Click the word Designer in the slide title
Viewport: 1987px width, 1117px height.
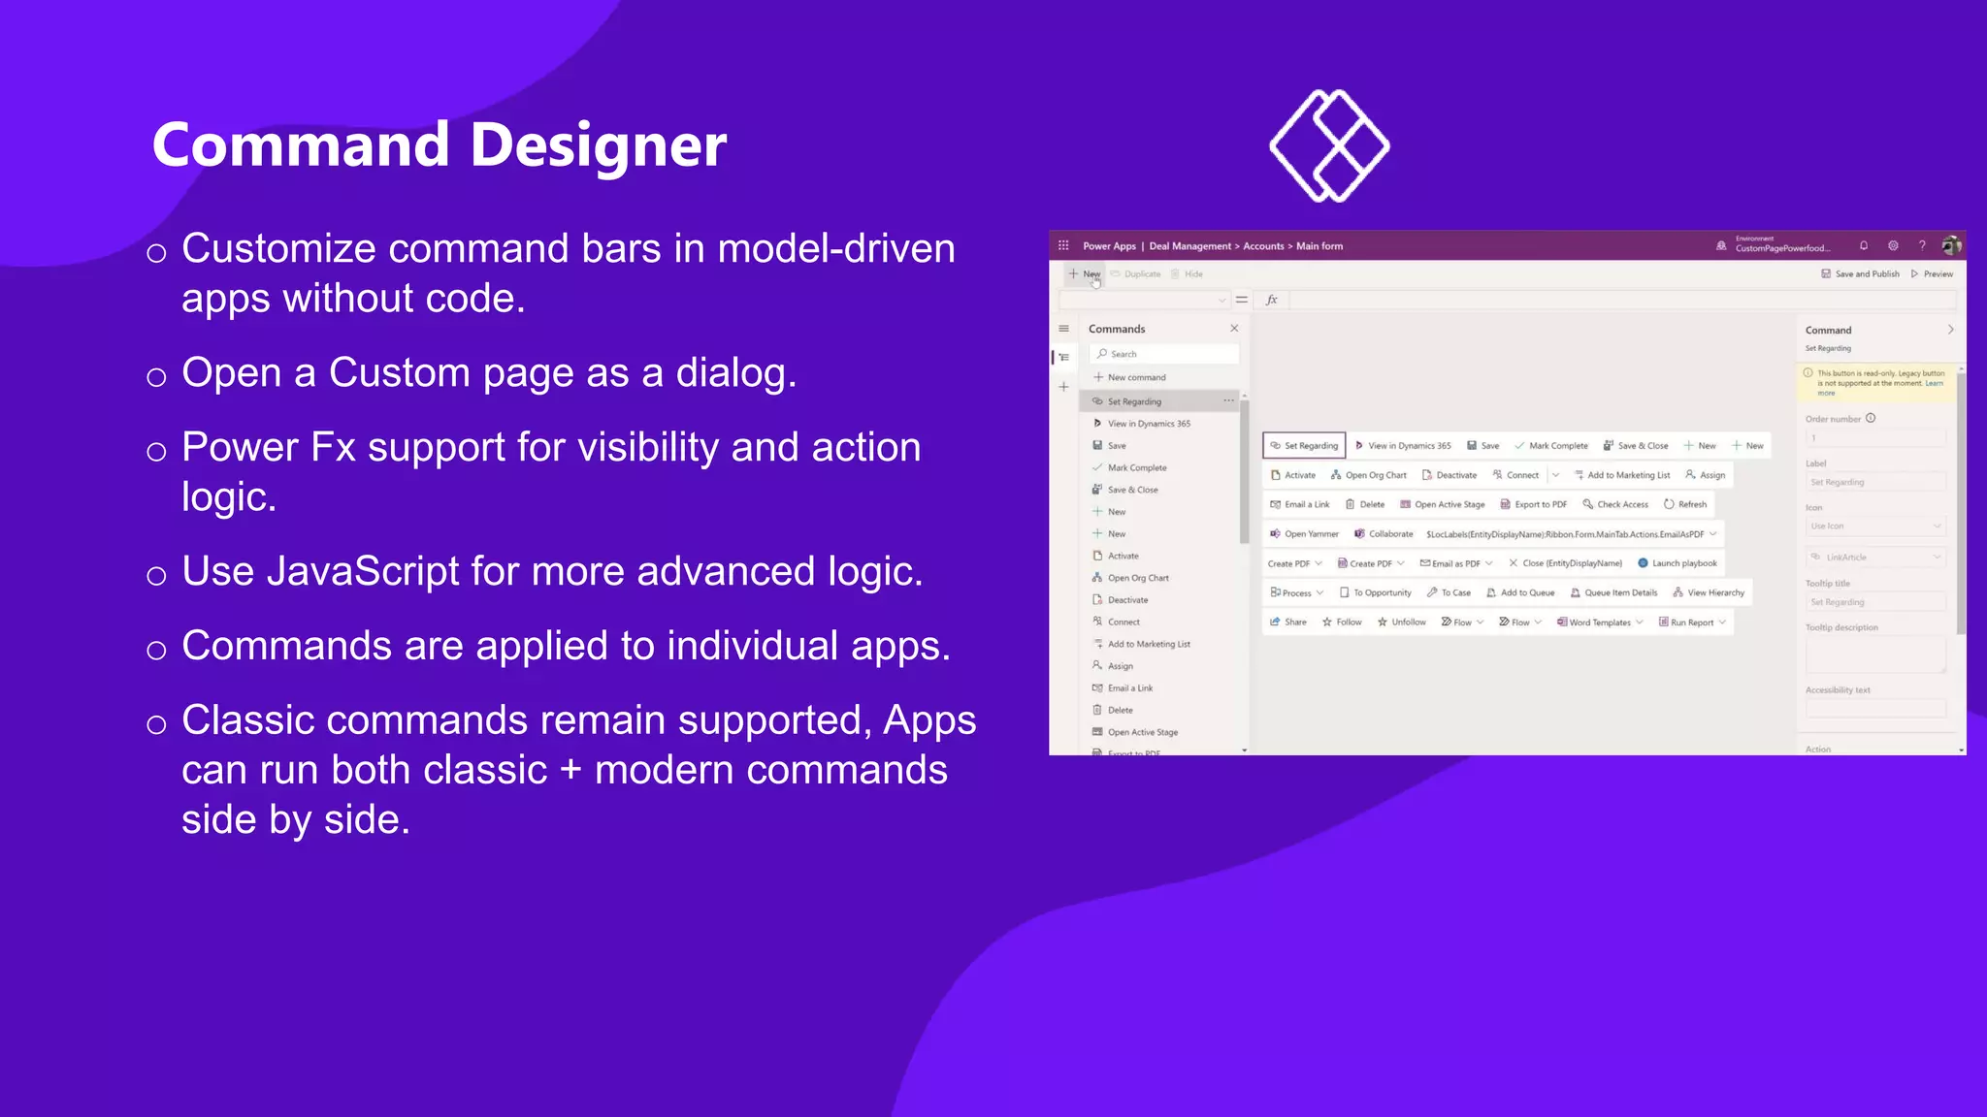598,145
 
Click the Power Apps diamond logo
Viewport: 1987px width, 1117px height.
1329,145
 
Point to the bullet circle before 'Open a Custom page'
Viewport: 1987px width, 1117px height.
156,376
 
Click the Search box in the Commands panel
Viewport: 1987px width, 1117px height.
1164,354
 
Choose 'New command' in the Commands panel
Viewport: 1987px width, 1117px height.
1136,377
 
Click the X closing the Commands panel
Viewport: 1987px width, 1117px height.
1234,329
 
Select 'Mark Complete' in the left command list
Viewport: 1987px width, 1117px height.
1136,467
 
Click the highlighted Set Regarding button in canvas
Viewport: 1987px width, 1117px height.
1304,446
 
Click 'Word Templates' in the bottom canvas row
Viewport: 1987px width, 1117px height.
1599,622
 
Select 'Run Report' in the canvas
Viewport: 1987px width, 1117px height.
1691,622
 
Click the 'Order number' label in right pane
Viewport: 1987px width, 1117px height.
1833,419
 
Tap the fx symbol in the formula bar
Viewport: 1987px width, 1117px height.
1272,300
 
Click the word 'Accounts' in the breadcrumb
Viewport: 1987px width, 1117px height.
1263,246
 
